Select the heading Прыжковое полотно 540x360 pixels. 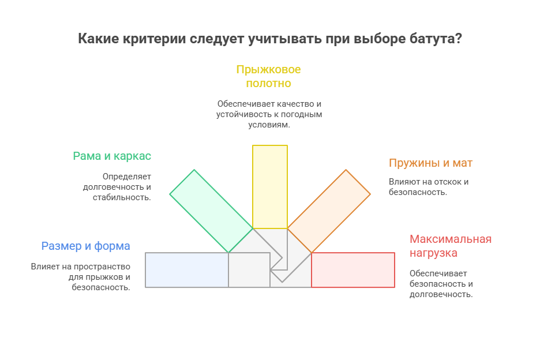pos(268,76)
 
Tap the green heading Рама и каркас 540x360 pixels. pos(112,156)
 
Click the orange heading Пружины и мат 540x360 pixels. pos(430,163)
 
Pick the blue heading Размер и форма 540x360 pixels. pos(85,246)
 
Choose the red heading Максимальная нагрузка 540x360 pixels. pos(450,246)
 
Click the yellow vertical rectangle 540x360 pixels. pos(270,186)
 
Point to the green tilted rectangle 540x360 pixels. pos(211,211)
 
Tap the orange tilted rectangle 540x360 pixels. pos(329,211)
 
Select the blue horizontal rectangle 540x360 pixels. pos(186,270)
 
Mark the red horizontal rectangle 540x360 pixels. pos(353,270)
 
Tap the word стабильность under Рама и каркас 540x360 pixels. pos(121,197)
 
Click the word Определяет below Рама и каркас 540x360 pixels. pos(126,177)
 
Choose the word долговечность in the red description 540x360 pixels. pos(441,294)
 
